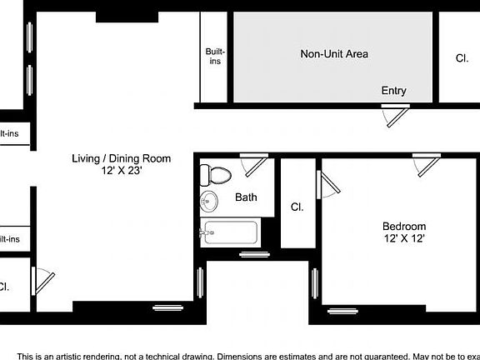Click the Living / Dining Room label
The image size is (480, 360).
click(121, 158)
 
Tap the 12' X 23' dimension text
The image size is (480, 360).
click(122, 171)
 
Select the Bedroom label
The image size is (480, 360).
click(404, 226)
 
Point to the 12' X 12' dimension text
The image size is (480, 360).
click(404, 239)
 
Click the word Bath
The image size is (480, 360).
click(246, 197)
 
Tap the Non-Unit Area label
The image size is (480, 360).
click(333, 54)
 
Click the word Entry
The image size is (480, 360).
click(393, 91)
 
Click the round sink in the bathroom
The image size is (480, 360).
click(208, 201)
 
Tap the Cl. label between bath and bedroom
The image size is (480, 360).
click(296, 207)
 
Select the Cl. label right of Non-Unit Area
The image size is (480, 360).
click(461, 58)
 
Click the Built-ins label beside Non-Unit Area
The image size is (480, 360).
click(215, 57)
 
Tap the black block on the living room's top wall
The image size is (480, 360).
click(127, 17)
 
